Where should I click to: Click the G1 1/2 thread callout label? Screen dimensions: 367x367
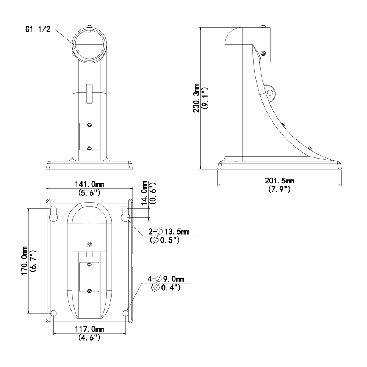[38, 29]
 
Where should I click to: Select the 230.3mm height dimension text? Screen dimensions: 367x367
[196, 98]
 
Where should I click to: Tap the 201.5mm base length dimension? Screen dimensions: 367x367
[279, 181]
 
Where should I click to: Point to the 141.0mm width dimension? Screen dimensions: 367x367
[90, 184]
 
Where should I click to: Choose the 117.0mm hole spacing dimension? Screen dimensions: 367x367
[90, 329]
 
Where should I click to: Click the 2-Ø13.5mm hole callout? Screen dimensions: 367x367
[169, 232]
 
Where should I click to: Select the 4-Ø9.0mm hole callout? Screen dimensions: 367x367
[166, 279]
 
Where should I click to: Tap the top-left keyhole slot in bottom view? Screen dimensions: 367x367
[53, 214]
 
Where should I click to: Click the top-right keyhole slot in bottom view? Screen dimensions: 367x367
[125, 214]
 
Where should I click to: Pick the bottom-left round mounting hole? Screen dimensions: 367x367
[53, 313]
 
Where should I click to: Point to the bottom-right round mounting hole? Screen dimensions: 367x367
[126, 313]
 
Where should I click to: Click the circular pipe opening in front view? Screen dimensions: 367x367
[90, 44]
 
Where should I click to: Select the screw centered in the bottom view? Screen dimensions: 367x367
[90, 244]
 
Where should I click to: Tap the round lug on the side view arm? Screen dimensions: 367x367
[270, 92]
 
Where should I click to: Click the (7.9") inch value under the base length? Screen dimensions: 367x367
[279, 189]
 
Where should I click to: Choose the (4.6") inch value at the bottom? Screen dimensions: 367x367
[90, 338]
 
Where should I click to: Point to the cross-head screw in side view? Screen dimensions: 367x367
[264, 54]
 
